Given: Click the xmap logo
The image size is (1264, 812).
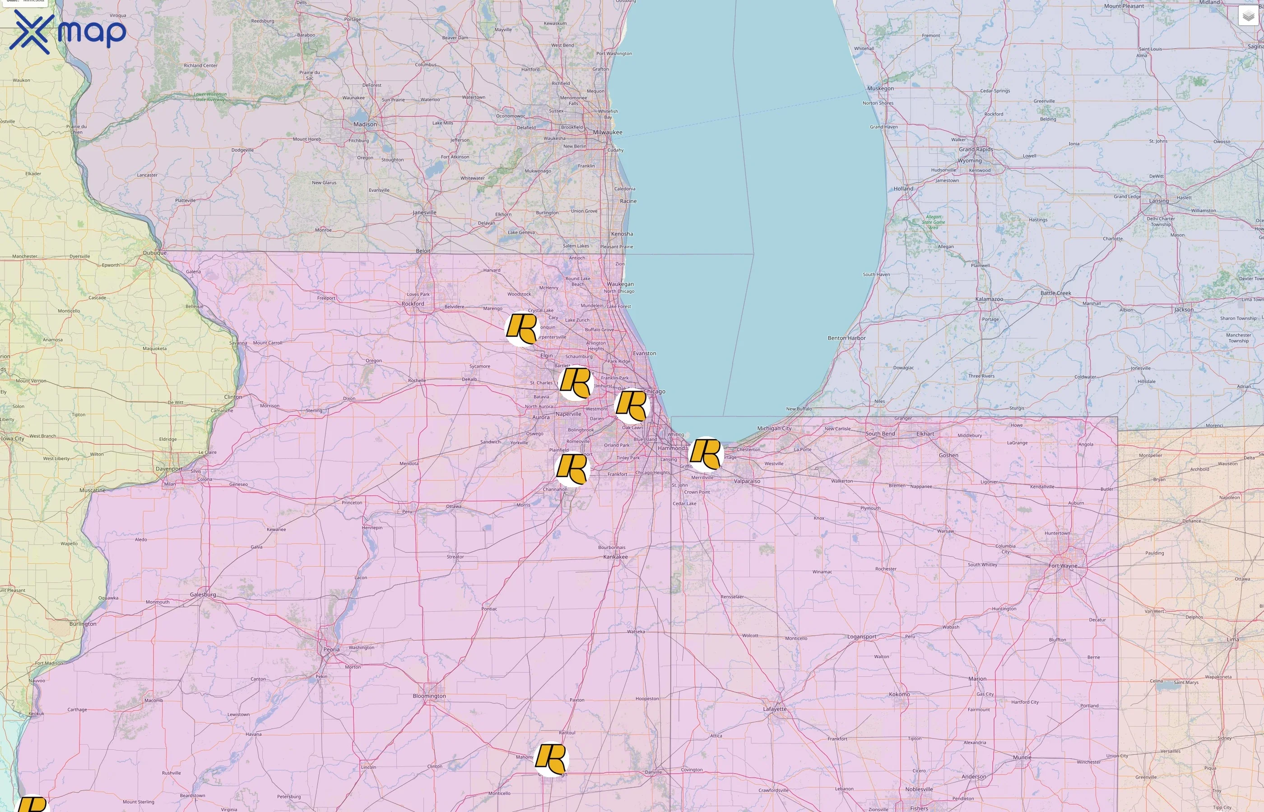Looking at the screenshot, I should click(68, 32).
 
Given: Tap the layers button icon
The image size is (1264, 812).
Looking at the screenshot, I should click(1248, 16).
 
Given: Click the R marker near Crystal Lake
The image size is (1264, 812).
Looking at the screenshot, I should click(522, 328).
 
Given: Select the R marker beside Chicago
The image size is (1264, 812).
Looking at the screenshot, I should click(631, 406).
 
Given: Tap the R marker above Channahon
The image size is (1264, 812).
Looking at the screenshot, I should click(572, 469).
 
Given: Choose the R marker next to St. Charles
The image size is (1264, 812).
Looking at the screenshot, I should click(576, 383).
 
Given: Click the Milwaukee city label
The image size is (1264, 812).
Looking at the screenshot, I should click(607, 132).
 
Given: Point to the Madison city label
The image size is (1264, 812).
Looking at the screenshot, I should click(365, 125).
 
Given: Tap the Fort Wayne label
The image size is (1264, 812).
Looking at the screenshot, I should click(1063, 566).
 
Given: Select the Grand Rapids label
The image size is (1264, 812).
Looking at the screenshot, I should click(976, 149).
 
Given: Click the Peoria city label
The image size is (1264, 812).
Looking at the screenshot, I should click(331, 649).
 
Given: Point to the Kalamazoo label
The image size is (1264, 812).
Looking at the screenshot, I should click(989, 299).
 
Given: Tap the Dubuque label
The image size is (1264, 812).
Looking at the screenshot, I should click(154, 253).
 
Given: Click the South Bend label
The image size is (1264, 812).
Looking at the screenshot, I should click(880, 434).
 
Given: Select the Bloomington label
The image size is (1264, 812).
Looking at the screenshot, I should click(429, 696).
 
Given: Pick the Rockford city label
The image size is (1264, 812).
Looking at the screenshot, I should click(413, 304).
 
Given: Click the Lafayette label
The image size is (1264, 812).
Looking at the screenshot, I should click(775, 709).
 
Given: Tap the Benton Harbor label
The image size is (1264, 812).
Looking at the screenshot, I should click(846, 338).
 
